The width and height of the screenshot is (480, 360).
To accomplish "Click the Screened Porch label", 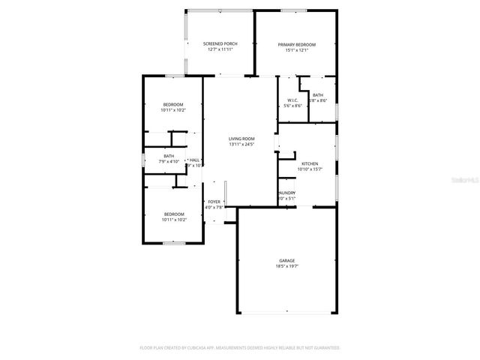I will pyautogui.click(x=220, y=44).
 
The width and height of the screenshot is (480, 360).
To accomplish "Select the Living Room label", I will pyautogui.click(x=241, y=139).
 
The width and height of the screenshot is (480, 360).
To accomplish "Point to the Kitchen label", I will pyautogui.click(x=310, y=163).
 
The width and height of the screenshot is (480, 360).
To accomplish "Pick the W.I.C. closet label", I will pyautogui.click(x=292, y=100).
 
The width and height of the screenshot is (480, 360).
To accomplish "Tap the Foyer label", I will pyautogui.click(x=214, y=202).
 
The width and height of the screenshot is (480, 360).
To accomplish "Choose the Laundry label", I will pyautogui.click(x=286, y=193).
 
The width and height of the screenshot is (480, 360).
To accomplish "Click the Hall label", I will pyautogui.click(x=194, y=160).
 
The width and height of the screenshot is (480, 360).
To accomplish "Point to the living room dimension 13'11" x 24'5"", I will pyautogui.click(x=241, y=144).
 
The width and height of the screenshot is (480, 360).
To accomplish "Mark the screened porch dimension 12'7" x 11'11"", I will pyautogui.click(x=220, y=50).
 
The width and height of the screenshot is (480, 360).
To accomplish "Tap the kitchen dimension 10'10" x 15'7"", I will pyautogui.click(x=310, y=169).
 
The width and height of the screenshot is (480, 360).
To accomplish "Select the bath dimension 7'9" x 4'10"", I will pyautogui.click(x=169, y=162).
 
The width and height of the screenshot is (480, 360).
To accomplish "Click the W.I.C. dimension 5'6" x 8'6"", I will pyautogui.click(x=292, y=106).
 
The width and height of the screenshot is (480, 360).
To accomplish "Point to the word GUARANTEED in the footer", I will pyautogui.click(x=324, y=348).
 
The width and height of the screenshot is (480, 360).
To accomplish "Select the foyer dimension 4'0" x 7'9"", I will pyautogui.click(x=214, y=208).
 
